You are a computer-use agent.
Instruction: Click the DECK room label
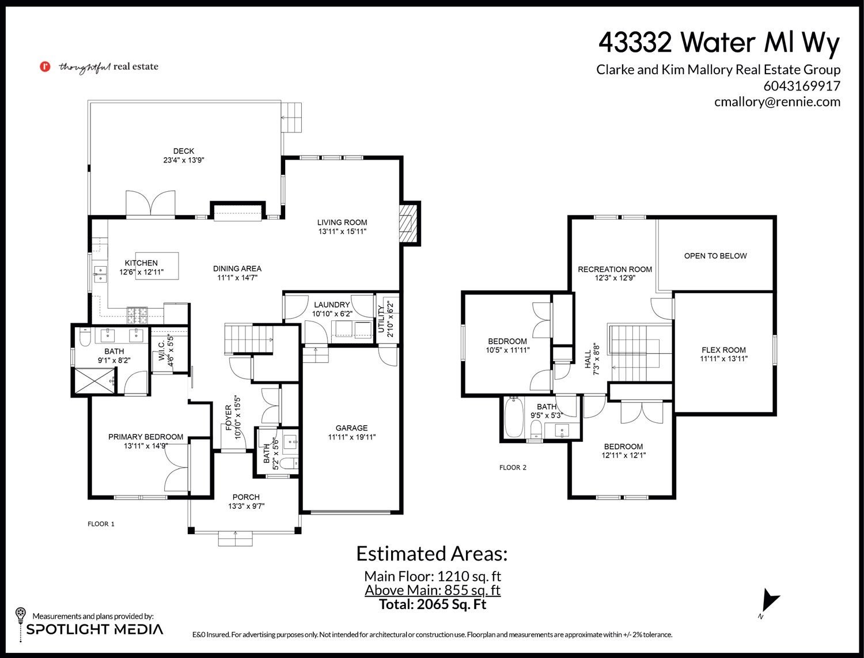(183, 151)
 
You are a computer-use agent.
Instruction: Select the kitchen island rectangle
(157, 266)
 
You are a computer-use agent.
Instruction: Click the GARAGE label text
(351, 428)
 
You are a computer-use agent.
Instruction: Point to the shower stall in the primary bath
(94, 380)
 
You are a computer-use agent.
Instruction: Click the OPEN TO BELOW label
(715, 256)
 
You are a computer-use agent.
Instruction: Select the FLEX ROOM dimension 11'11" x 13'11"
(723, 359)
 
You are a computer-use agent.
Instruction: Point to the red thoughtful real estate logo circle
(46, 66)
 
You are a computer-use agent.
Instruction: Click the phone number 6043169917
(802, 85)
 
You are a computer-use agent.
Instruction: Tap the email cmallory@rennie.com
(778, 101)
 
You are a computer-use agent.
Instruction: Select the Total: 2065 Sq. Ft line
(433, 604)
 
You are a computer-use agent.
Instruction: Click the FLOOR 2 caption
(513, 467)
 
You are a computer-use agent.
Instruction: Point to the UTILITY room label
(381, 319)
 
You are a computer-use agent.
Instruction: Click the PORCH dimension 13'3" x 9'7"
(246, 506)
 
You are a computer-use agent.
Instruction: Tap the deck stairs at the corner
(292, 118)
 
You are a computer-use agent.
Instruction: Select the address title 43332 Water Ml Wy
(719, 43)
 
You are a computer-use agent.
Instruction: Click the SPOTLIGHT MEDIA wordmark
(94, 629)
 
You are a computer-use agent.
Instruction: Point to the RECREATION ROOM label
(615, 269)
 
